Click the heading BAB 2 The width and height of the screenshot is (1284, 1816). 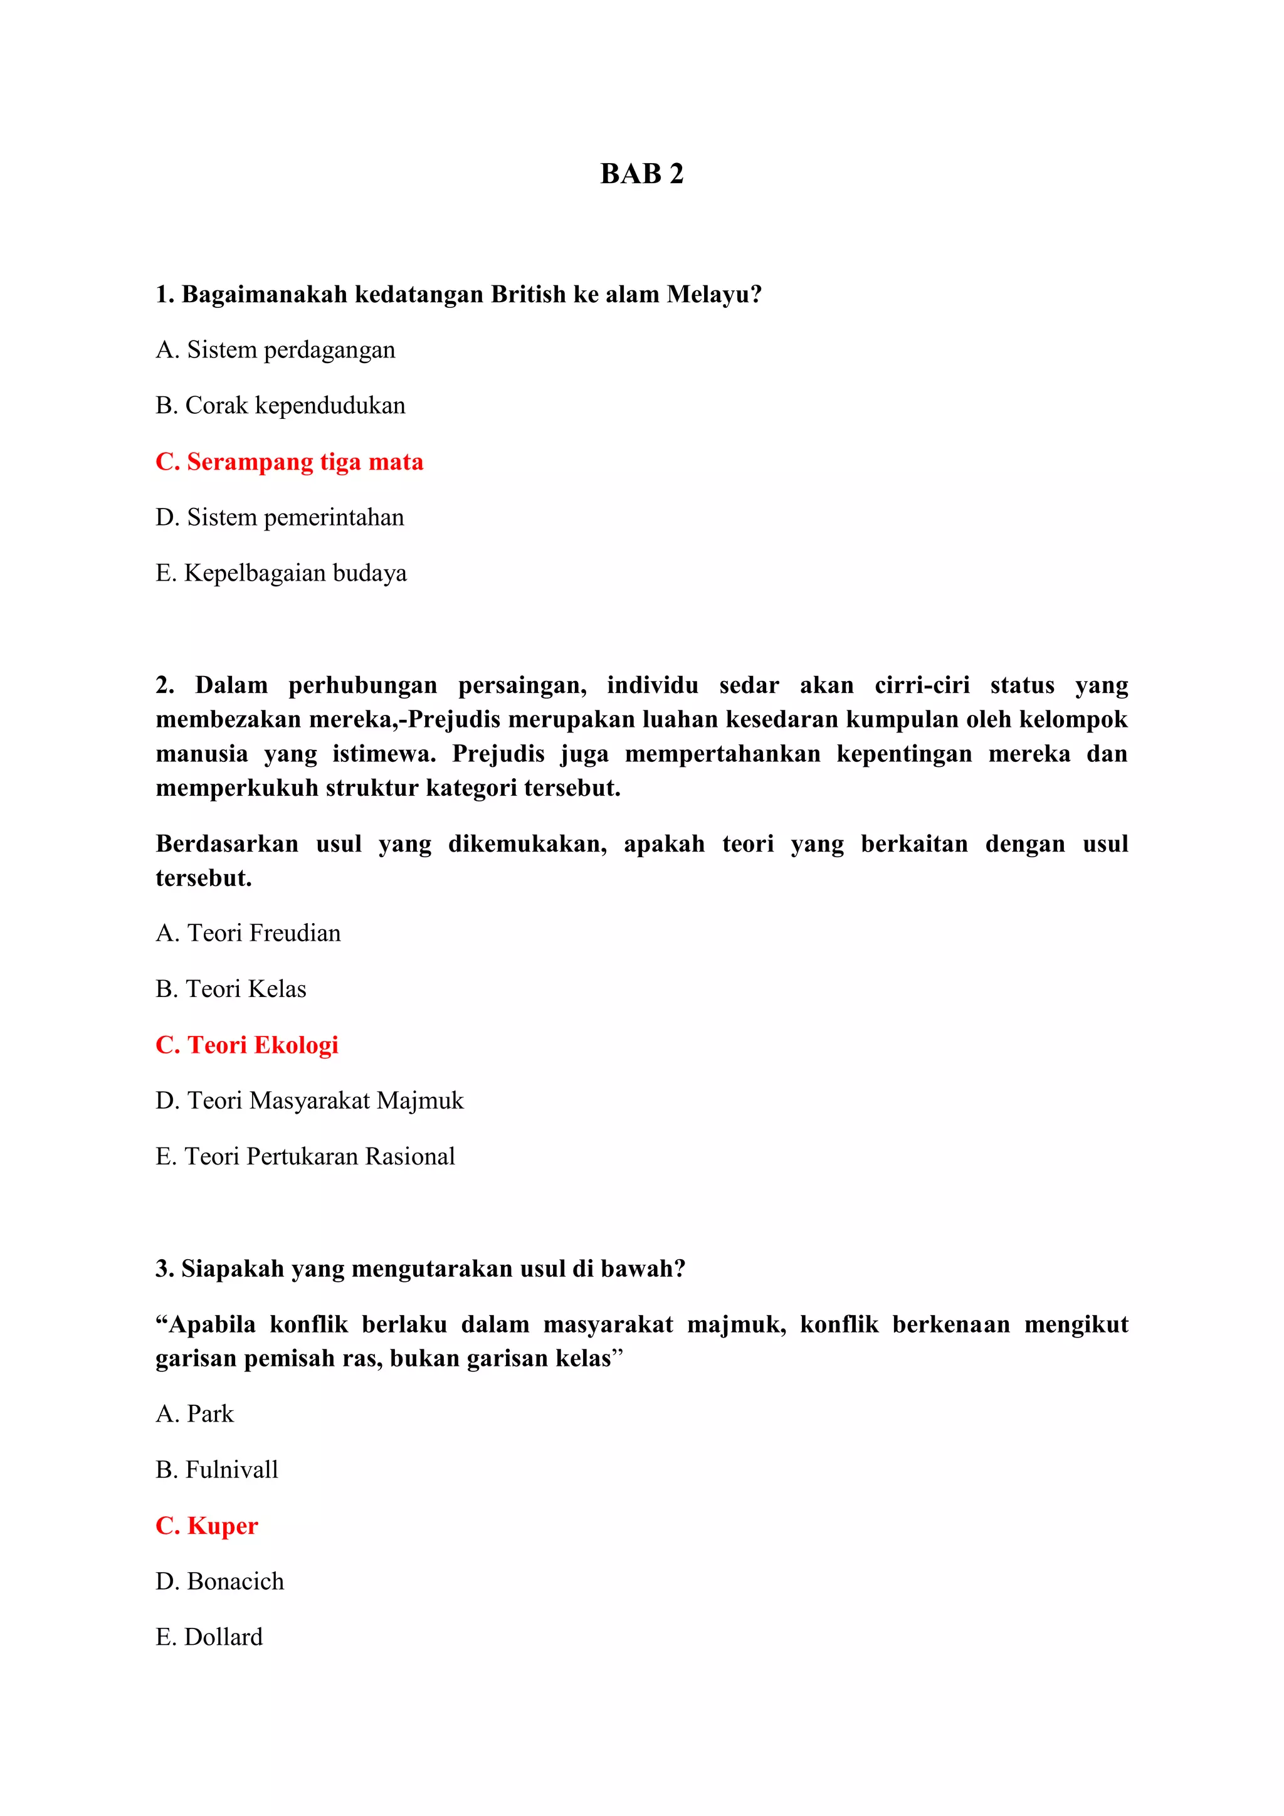[641, 173]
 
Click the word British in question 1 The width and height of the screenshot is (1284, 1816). [528, 294]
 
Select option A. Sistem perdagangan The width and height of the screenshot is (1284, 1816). [275, 350]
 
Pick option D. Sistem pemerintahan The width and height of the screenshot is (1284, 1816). [279, 517]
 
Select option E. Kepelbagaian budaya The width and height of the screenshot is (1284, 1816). [281, 573]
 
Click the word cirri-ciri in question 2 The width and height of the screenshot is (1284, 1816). [921, 685]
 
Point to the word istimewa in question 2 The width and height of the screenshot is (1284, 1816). [384, 754]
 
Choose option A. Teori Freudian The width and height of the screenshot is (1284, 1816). [248, 933]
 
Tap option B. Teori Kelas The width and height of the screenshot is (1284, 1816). [230, 990]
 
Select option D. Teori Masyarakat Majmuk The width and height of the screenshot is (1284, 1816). [309, 1101]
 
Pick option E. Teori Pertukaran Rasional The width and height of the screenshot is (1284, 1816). [305, 1157]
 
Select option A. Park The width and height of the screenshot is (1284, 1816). [194, 1414]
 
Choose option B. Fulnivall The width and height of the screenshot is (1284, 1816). [217, 1470]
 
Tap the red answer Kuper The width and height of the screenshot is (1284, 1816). [206, 1526]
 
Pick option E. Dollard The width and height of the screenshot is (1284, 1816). [209, 1637]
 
